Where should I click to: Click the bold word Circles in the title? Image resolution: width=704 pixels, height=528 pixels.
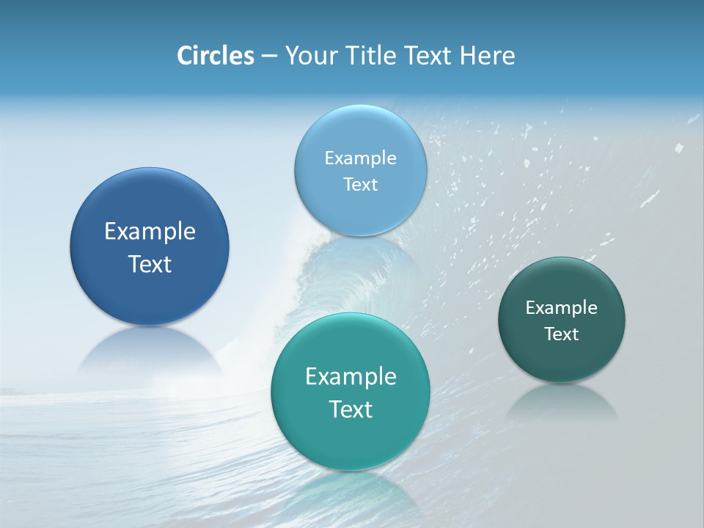(216, 56)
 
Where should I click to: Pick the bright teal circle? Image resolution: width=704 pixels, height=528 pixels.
(351, 440)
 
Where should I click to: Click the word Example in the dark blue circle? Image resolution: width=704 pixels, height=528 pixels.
(150, 232)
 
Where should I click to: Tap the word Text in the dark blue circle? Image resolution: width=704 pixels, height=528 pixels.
(150, 264)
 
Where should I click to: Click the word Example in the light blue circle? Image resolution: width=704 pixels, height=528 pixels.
(360, 158)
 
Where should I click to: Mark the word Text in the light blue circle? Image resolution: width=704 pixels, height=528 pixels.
(360, 185)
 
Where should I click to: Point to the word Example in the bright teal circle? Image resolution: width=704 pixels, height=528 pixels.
(351, 377)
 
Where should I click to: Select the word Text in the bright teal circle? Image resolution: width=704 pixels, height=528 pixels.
(351, 409)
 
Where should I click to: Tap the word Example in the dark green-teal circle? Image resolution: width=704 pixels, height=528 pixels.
(562, 308)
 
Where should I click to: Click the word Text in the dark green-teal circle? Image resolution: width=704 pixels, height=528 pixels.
(562, 334)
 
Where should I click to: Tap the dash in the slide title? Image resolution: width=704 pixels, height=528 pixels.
(269, 56)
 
